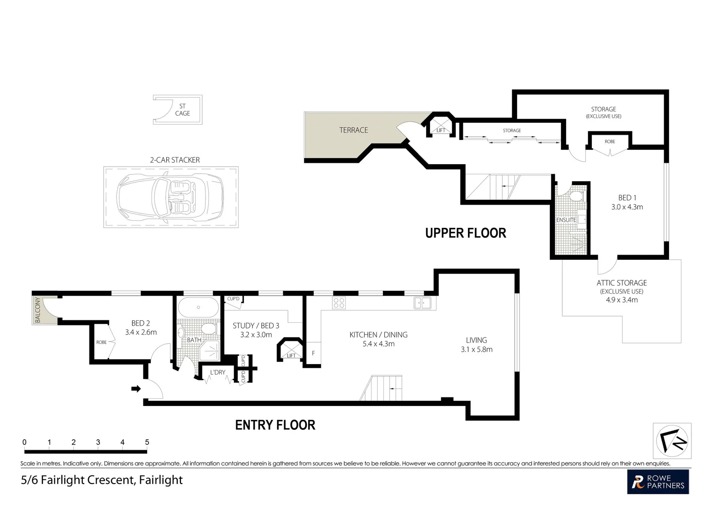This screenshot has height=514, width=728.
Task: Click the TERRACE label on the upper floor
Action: (x=354, y=130)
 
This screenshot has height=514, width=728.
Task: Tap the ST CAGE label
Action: (x=182, y=110)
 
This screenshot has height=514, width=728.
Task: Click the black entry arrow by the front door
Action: (x=136, y=388)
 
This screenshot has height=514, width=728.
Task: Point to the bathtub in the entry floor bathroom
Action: (x=198, y=307)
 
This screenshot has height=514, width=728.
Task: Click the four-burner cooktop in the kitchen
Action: (x=339, y=303)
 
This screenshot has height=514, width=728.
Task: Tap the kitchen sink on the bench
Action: (x=422, y=303)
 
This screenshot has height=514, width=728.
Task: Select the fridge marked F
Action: (x=313, y=353)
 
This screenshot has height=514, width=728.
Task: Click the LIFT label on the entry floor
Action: (x=291, y=356)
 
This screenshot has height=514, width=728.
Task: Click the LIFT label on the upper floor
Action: (x=441, y=130)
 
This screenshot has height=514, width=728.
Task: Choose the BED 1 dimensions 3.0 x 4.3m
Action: (x=627, y=207)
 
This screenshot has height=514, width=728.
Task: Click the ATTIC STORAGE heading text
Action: (x=621, y=283)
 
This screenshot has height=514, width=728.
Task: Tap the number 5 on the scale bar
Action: (x=147, y=442)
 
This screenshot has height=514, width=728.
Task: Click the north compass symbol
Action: (x=672, y=441)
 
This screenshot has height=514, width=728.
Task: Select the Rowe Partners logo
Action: (x=658, y=482)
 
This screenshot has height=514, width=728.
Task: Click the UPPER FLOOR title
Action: (x=466, y=233)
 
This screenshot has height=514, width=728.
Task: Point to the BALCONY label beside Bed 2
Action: (x=38, y=310)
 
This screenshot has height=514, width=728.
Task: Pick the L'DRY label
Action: (x=218, y=372)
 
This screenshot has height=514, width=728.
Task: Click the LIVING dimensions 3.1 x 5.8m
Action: (x=477, y=350)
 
